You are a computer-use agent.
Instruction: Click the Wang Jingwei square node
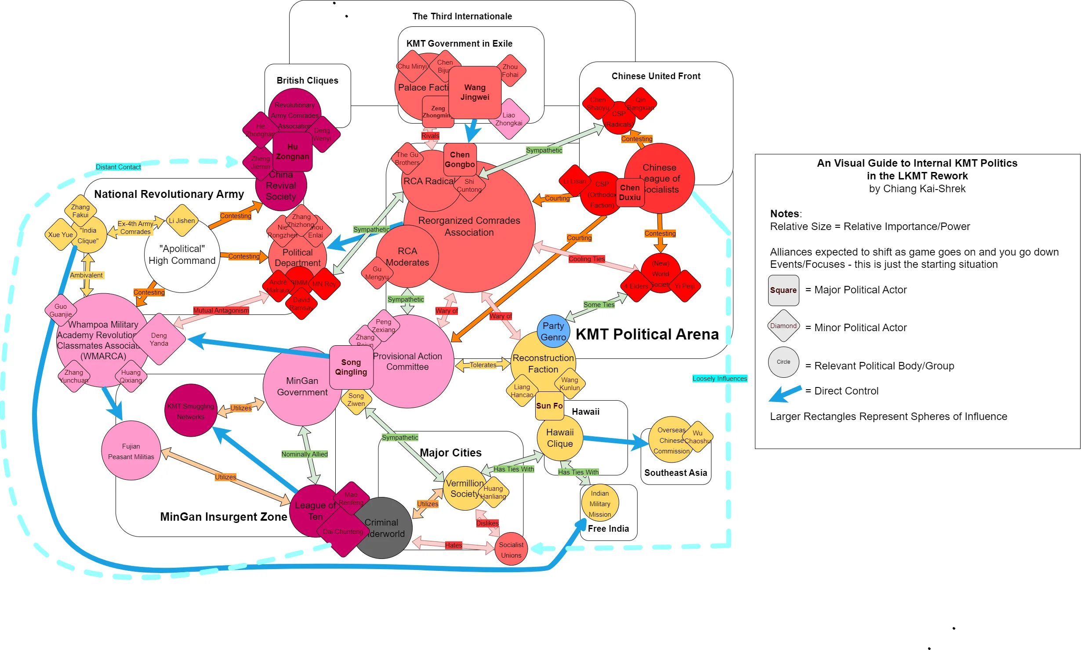(x=475, y=92)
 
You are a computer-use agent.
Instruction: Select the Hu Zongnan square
(x=292, y=152)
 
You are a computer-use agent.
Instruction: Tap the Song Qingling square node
(x=351, y=367)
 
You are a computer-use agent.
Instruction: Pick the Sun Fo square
(x=549, y=406)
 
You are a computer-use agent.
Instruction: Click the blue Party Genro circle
(x=553, y=332)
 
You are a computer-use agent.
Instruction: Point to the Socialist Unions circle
(x=511, y=550)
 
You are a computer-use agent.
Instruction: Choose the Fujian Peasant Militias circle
(x=131, y=451)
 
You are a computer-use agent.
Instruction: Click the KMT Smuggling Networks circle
(x=190, y=411)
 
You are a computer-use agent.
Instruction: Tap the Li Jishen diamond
(x=182, y=221)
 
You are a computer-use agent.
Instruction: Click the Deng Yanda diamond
(x=159, y=339)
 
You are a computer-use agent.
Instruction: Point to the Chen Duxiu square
(x=630, y=193)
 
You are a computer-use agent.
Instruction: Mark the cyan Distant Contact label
(x=118, y=167)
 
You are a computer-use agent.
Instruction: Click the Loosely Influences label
(x=719, y=379)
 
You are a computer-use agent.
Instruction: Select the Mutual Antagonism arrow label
(x=221, y=310)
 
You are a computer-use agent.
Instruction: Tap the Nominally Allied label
(x=305, y=454)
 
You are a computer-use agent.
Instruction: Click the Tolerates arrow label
(x=482, y=365)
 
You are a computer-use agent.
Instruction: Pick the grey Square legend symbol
(x=783, y=290)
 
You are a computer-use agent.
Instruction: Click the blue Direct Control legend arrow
(x=785, y=393)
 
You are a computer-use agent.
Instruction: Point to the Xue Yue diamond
(x=60, y=235)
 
